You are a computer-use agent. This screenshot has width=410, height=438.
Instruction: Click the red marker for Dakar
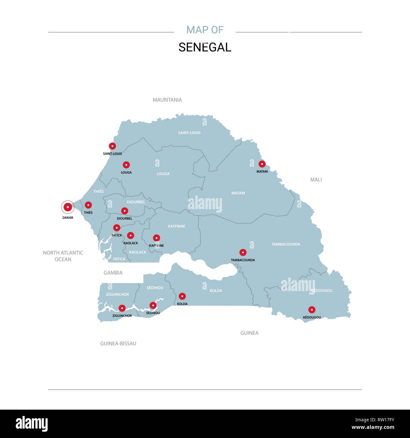click(67, 207)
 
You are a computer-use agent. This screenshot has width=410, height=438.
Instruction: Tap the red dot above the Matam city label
click(262, 164)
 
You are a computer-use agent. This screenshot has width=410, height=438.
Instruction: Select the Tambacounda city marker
click(243, 252)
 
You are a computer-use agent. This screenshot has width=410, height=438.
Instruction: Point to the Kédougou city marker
click(312, 310)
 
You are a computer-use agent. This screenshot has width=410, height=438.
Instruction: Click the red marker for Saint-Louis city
click(112, 146)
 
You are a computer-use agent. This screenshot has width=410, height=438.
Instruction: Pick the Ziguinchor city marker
click(122, 308)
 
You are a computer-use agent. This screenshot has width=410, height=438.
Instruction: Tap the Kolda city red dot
click(182, 296)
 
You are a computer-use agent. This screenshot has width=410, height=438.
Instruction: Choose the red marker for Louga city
click(126, 165)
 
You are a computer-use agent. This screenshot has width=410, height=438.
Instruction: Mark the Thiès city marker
click(88, 205)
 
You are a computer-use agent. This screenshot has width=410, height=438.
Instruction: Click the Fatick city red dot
click(117, 228)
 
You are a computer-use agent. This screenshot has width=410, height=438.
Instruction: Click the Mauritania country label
click(167, 100)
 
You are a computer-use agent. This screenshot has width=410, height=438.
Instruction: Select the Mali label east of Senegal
click(316, 180)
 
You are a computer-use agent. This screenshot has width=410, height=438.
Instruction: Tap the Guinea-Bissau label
click(118, 343)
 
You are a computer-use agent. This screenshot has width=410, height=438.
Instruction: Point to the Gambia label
click(113, 273)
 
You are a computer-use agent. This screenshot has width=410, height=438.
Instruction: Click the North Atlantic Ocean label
click(63, 256)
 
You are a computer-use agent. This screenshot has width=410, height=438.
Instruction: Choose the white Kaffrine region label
click(176, 226)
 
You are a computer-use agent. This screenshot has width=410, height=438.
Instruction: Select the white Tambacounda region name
click(286, 244)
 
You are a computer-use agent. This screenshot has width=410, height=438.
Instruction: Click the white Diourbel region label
click(136, 202)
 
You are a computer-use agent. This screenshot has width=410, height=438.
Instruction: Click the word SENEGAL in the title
click(205, 47)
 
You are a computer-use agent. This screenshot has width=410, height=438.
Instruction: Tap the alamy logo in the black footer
click(32, 424)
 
